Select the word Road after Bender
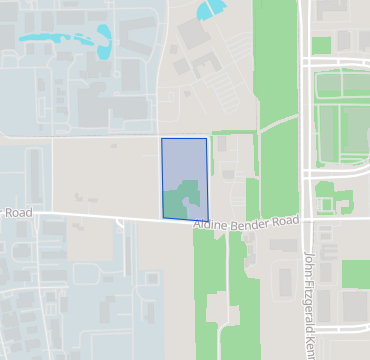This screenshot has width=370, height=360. pyautogui.click(x=285, y=219)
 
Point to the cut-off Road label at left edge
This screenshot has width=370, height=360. pyautogui.click(x=16, y=213)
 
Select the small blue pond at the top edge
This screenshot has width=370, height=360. pyautogui.click(x=210, y=9)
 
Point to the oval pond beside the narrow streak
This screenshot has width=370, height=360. pyautogui.click(x=105, y=38)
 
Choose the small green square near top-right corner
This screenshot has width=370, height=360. pyautogui.click(x=321, y=45)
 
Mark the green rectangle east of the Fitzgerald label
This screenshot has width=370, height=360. pyautogui.click(x=355, y=273)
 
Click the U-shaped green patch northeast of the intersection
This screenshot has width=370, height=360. pyautogui.click(x=326, y=196)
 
